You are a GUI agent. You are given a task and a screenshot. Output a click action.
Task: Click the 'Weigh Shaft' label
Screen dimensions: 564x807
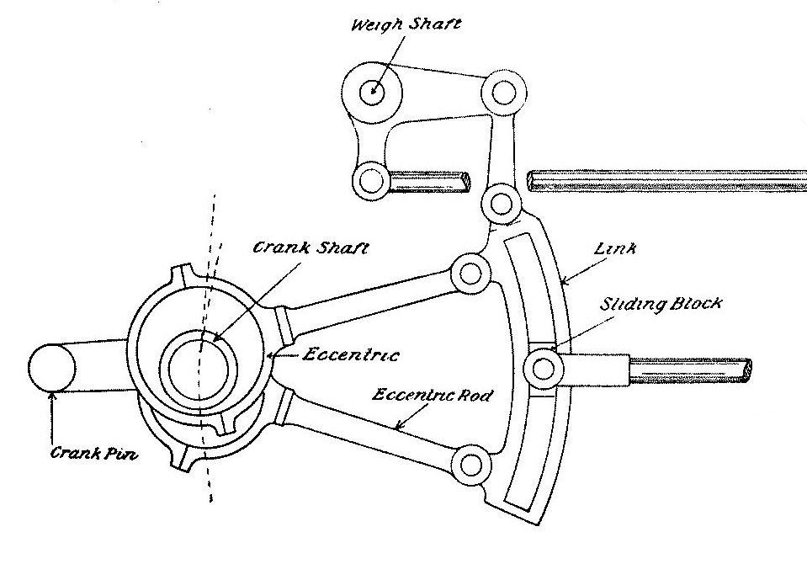pyautogui.click(x=406, y=24)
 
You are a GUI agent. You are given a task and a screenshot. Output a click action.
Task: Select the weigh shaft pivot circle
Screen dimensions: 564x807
pyautogui.click(x=370, y=92)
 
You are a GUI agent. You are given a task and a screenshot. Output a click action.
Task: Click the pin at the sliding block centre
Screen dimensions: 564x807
pyautogui.click(x=543, y=367)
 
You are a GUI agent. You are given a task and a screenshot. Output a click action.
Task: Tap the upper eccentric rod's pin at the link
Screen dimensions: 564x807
pyautogui.click(x=470, y=273)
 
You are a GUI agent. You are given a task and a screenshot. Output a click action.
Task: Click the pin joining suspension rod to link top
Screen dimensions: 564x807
pyautogui.click(x=502, y=204)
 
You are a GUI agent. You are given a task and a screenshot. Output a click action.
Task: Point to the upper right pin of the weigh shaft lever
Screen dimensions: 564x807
pyautogui.click(x=503, y=92)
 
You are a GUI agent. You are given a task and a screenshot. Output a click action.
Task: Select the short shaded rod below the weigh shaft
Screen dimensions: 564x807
pyautogui.click(x=429, y=181)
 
